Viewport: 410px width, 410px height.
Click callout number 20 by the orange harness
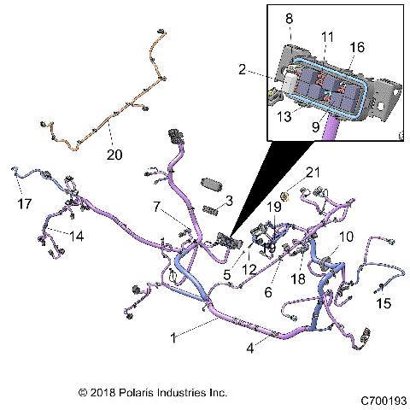pyautogui.click(x=114, y=155)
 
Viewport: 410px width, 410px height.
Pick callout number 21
pyautogui.click(x=313, y=173)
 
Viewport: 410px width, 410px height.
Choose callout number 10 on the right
pyautogui.click(x=346, y=236)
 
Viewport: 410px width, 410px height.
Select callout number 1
pyautogui.click(x=175, y=337)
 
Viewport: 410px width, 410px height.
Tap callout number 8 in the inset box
pyautogui.click(x=289, y=18)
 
